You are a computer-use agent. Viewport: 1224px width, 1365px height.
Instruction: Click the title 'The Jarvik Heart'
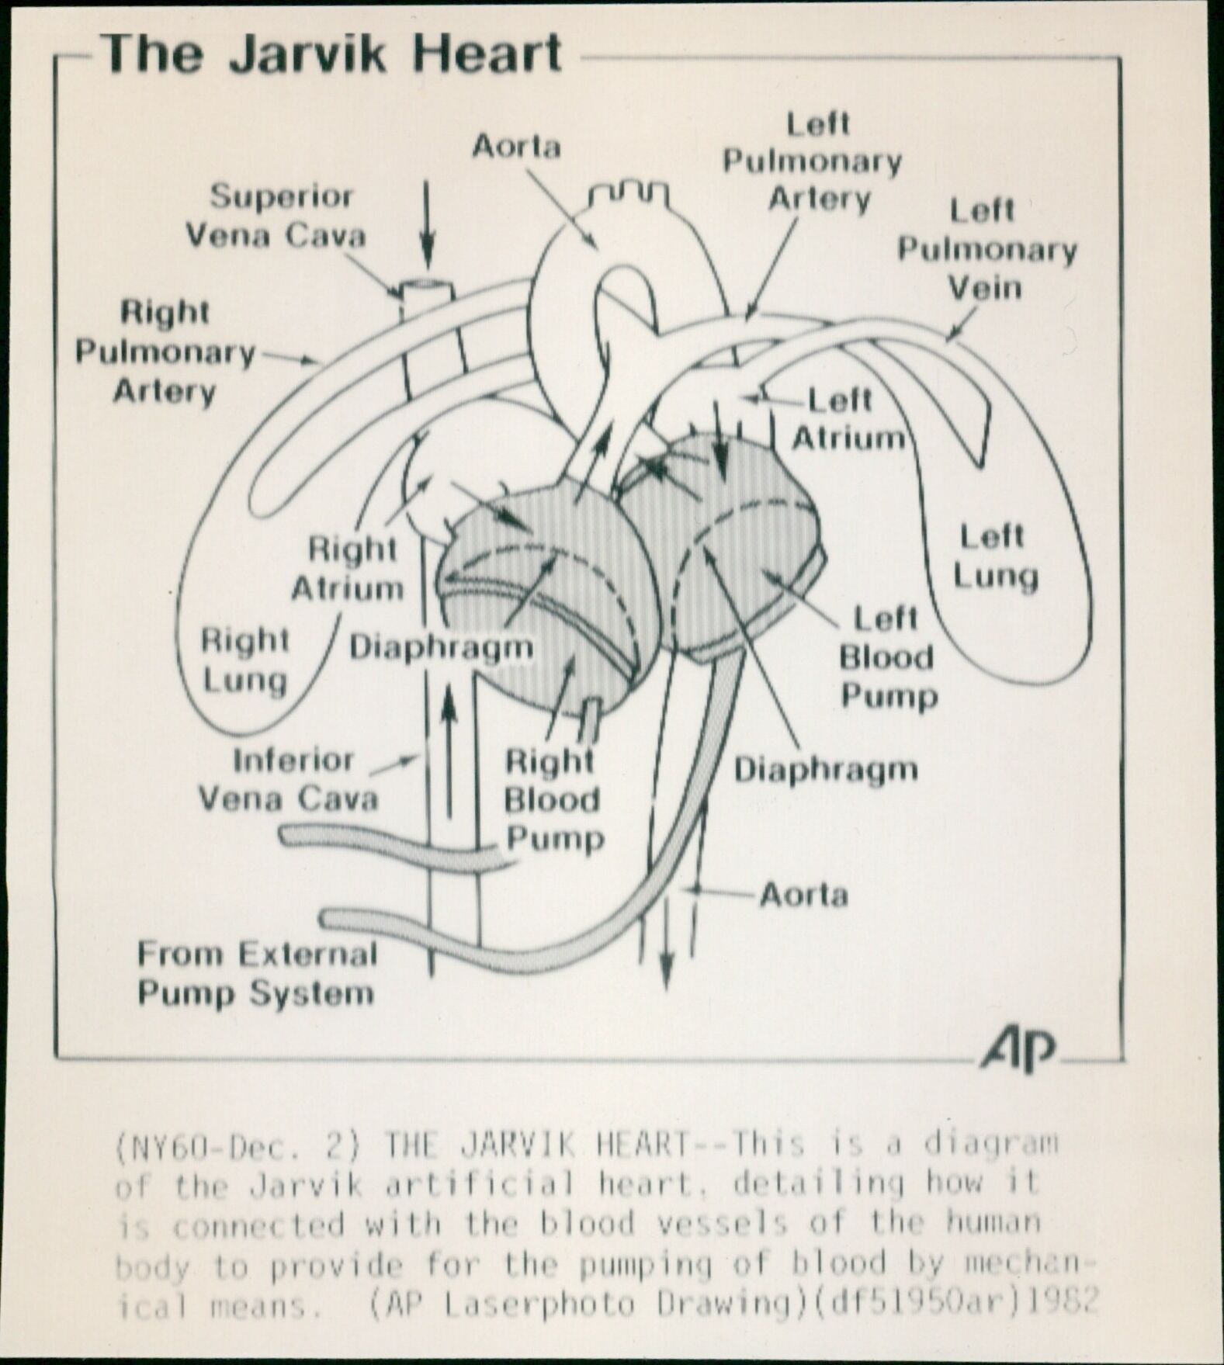pos(331,54)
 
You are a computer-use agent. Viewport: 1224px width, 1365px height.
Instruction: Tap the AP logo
pos(1019,1051)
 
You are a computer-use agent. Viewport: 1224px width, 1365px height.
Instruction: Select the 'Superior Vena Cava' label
pos(277,216)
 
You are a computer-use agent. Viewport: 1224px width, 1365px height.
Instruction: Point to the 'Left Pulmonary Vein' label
pos(986,249)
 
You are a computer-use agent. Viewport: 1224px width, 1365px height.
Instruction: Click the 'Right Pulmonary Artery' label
pos(165,352)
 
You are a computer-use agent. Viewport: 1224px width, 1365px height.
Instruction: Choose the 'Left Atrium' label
pos(846,420)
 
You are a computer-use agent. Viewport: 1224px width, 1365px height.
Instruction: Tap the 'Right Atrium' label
pos(349,569)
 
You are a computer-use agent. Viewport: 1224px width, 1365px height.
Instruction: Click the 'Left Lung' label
pos(994,556)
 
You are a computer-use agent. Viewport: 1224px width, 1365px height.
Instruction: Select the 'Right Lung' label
pos(244,660)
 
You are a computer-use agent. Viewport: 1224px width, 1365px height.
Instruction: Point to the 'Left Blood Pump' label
pos(887,657)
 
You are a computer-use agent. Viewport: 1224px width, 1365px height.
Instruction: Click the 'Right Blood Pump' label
pos(553,799)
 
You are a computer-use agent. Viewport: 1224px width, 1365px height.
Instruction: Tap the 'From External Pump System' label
pos(256,973)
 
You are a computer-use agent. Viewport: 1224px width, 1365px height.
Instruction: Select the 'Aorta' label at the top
pos(516,146)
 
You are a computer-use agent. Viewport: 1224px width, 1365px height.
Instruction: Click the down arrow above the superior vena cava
pos(427,225)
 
